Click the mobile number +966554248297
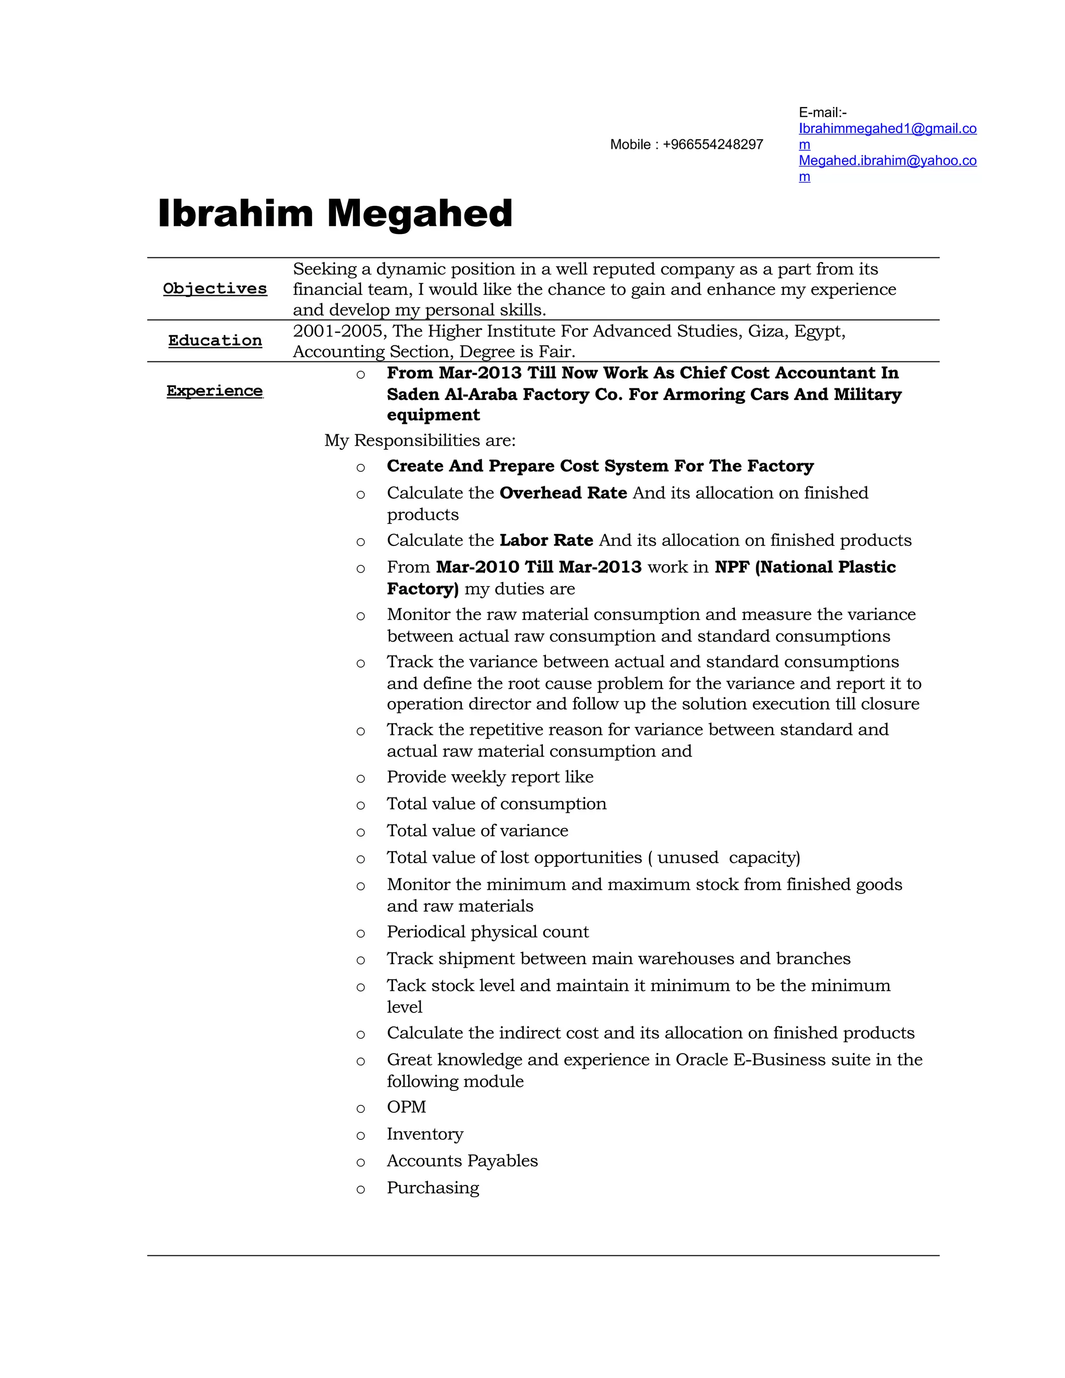click(712, 145)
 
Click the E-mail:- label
click(822, 112)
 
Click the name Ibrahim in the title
click(235, 213)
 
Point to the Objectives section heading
click(215, 289)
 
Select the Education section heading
click(215, 341)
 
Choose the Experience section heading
click(215, 391)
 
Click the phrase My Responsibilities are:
click(420, 440)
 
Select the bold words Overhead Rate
click(563, 493)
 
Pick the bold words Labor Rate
click(546, 541)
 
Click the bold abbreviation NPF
click(731, 567)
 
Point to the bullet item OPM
click(406, 1107)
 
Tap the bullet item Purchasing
click(433, 1188)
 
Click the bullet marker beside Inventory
click(360, 1136)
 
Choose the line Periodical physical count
click(487, 932)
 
